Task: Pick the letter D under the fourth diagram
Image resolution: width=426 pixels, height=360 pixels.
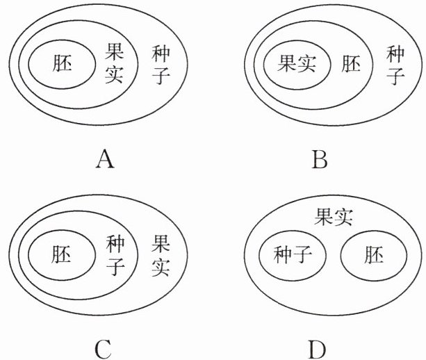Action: tap(319, 345)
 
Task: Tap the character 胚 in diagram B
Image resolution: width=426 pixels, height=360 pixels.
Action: tap(352, 65)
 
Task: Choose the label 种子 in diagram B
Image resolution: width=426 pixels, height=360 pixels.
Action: tap(395, 64)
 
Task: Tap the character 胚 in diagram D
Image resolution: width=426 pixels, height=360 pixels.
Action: tap(372, 255)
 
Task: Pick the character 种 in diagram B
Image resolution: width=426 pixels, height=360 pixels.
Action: tap(395, 53)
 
